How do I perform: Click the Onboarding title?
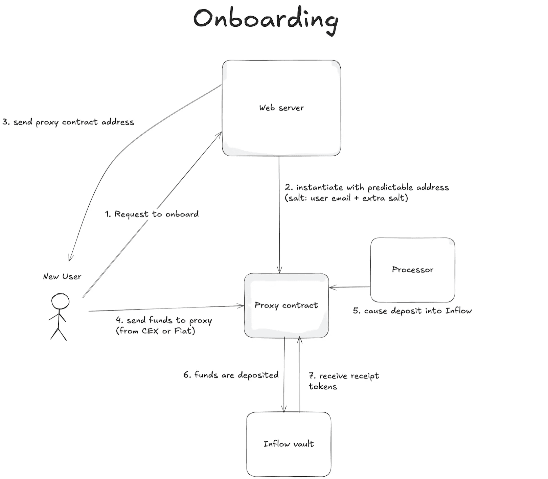266,19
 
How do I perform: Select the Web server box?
281,108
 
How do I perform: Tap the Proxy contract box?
286,305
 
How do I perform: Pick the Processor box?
412,270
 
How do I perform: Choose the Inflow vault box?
289,444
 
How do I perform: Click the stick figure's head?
60,301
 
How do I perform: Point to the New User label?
62,276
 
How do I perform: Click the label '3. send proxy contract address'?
68,122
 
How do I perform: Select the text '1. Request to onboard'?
152,214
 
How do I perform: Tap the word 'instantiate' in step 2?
319,187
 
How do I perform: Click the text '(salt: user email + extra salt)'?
346,198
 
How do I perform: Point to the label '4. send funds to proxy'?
164,320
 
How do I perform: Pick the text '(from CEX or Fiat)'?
156,331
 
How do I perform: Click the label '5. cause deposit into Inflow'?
412,311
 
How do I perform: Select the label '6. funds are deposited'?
231,375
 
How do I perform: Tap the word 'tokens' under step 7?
323,387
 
